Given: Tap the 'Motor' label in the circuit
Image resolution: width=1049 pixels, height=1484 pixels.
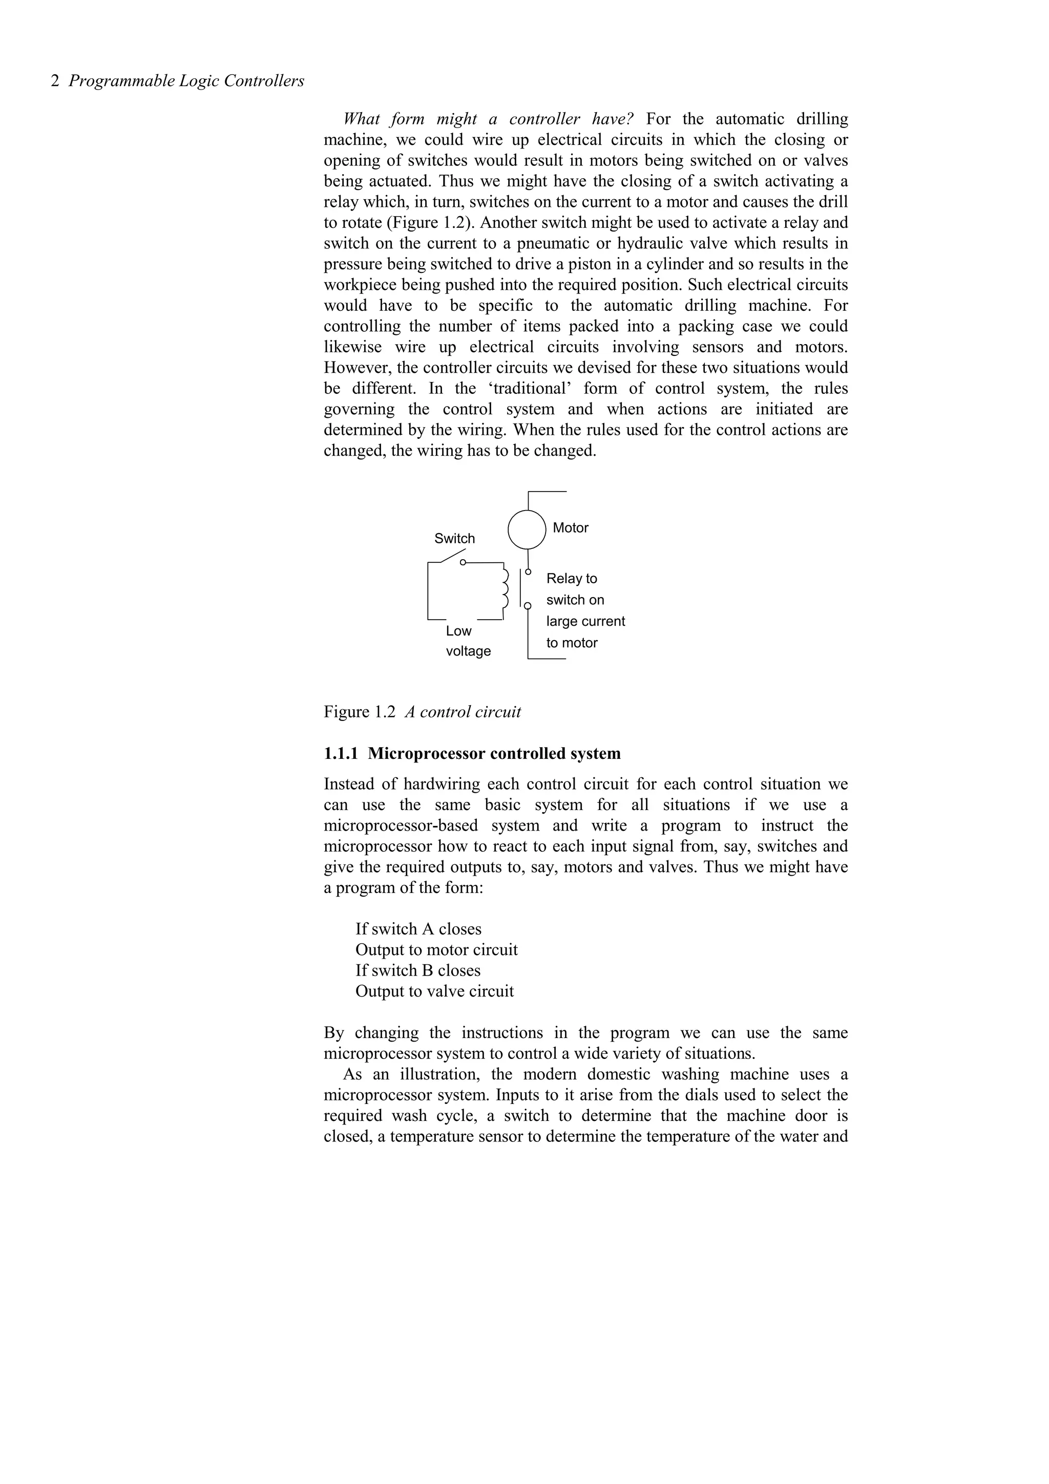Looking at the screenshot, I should point(570,528).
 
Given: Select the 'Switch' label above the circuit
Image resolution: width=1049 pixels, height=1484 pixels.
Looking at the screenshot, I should point(454,538).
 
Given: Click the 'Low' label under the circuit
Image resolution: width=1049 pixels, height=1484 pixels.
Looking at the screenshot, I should point(458,631).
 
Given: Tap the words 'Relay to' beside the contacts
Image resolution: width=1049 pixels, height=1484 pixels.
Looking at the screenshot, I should point(571,579).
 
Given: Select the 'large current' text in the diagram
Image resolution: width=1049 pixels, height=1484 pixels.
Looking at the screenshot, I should point(585,621).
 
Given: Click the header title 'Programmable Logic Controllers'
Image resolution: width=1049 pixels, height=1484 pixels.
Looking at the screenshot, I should point(186,81).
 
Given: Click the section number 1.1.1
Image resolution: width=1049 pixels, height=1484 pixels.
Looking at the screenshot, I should point(341,754).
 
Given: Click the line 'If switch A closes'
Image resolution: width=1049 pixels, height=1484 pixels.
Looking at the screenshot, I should point(418,929).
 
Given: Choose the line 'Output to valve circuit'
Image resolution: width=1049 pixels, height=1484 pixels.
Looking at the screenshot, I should point(434,991).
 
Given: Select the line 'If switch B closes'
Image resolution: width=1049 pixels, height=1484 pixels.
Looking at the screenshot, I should point(417,970).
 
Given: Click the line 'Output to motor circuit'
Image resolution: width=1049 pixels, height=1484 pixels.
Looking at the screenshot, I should point(436,949).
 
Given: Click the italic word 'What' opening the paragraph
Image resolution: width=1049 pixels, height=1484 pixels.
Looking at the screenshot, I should point(361,119).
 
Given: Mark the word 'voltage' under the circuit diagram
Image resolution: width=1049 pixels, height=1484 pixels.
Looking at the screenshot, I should point(468,651).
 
